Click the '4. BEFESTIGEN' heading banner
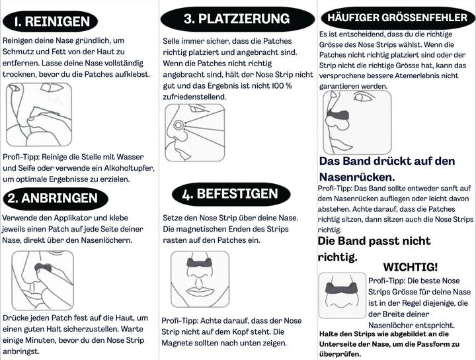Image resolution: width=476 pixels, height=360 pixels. (x=230, y=194)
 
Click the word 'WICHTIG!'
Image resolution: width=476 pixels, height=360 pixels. (x=411, y=267)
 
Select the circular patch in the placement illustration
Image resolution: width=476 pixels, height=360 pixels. (x=178, y=126)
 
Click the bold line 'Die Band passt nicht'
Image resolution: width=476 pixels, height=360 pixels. (x=374, y=240)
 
